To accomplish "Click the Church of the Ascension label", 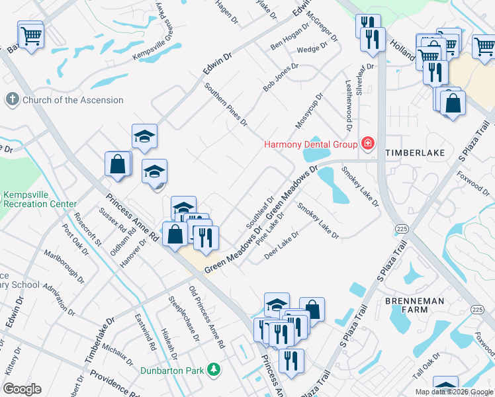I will pos(73,101).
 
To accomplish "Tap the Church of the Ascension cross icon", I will pos(12,100).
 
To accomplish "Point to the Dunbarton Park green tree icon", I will pos(213,369).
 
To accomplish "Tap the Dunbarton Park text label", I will pos(172,371).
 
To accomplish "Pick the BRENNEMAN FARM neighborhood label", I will pos(414,306).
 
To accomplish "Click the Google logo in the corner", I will pos(22,389).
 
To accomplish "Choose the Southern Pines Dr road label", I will pos(226,105).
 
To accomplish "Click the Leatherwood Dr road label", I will pos(348,101).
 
